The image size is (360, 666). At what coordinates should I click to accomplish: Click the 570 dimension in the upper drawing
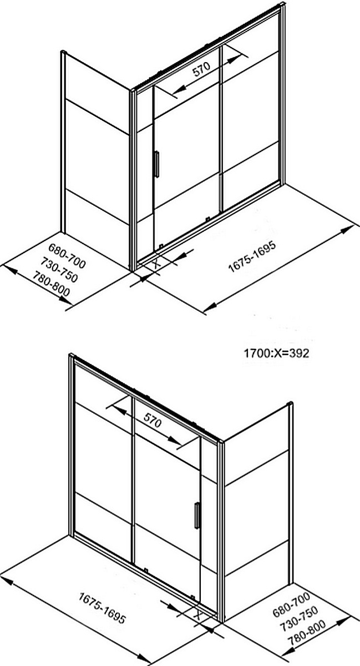pos(202,69)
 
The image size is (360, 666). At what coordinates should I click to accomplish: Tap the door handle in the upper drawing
pos(156,164)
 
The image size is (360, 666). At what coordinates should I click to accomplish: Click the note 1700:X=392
pos(276,353)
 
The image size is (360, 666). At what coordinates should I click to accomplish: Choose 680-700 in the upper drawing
pos(67,256)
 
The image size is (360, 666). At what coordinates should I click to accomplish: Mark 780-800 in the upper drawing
pos(51,284)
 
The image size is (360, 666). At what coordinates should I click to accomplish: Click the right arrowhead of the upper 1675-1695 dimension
pos(347,230)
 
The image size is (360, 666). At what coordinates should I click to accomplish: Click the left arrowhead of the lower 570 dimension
pos(118,409)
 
